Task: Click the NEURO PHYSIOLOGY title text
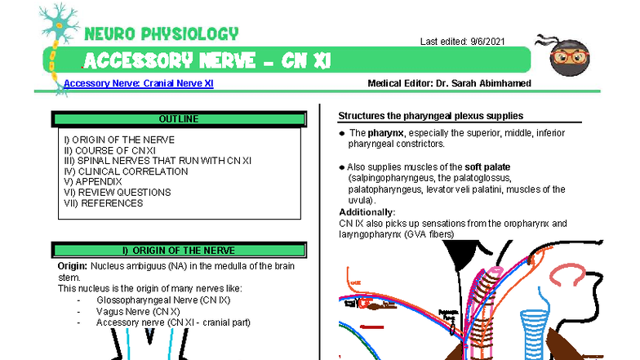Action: tap(161, 33)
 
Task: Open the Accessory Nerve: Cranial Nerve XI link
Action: tap(138, 83)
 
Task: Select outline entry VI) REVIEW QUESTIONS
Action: tap(118, 193)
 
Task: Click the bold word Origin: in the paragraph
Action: tap(72, 266)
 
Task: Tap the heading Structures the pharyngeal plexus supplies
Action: tap(430, 116)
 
